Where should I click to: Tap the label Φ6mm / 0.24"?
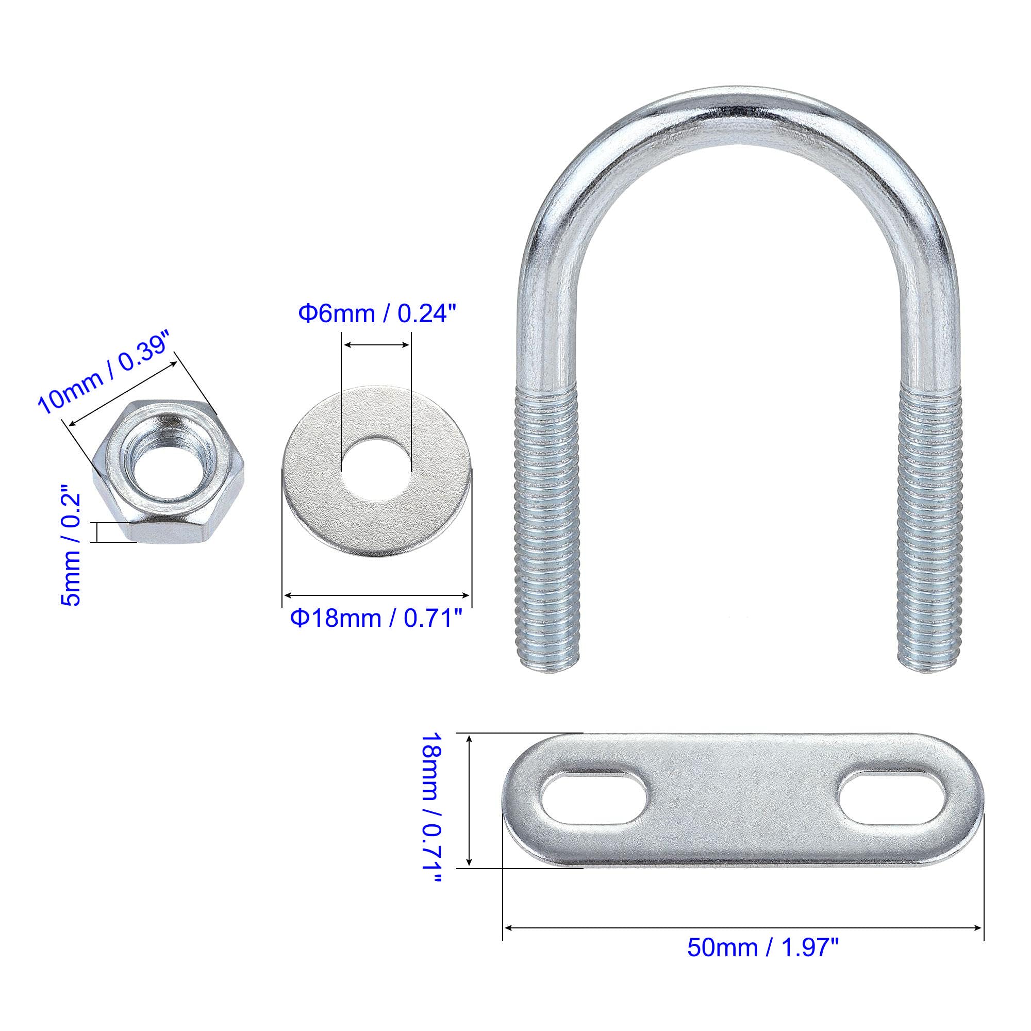pos(378,314)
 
